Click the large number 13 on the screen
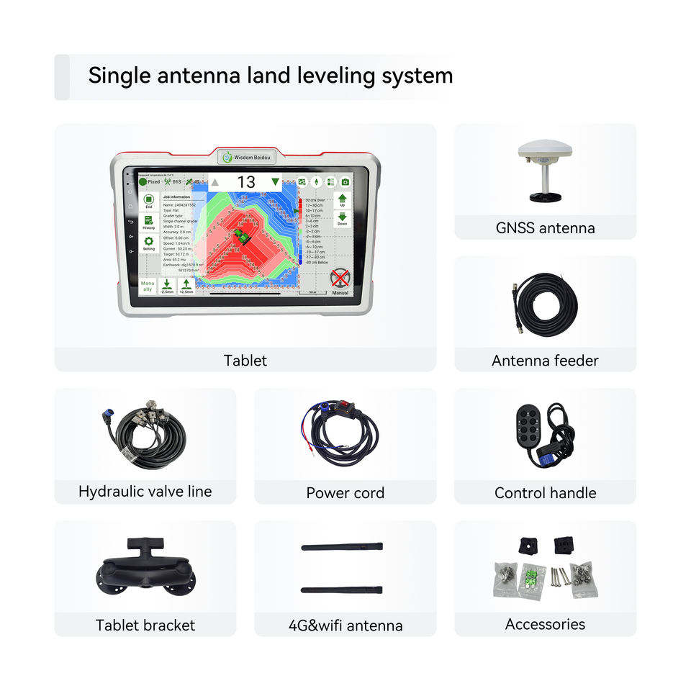pyautogui.click(x=246, y=182)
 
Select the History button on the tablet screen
pyautogui.click(x=148, y=222)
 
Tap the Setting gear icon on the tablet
pyautogui.click(x=148, y=243)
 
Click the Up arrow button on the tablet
pyautogui.click(x=343, y=199)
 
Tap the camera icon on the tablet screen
pyautogui.click(x=345, y=182)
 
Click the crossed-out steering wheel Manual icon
pyautogui.click(x=340, y=281)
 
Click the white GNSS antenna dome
pyautogui.click(x=545, y=150)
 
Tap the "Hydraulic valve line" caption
pyautogui.click(x=145, y=492)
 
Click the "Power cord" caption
pyautogui.click(x=345, y=493)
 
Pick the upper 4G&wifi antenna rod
pyautogui.click(x=341, y=547)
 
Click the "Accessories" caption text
pyautogui.click(x=545, y=624)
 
